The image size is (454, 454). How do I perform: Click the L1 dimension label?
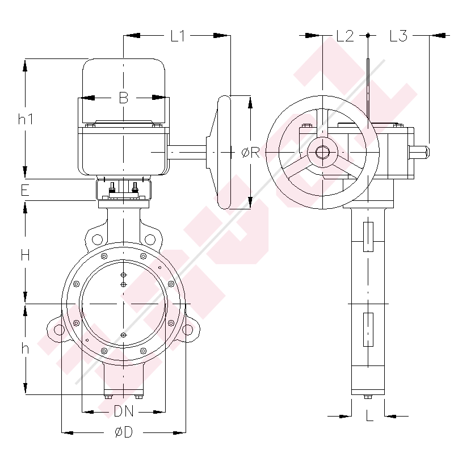[178, 36]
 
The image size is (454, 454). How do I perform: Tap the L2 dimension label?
[345, 36]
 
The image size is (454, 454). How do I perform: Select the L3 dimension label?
[399, 36]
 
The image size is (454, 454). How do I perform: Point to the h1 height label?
[26, 119]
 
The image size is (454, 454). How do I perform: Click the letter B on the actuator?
[124, 98]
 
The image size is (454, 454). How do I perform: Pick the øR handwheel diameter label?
[251, 152]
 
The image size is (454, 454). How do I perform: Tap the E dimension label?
[25, 190]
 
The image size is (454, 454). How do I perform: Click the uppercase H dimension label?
[25, 255]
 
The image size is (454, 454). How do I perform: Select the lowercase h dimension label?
[25, 348]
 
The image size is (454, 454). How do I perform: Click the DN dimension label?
[124, 411]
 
